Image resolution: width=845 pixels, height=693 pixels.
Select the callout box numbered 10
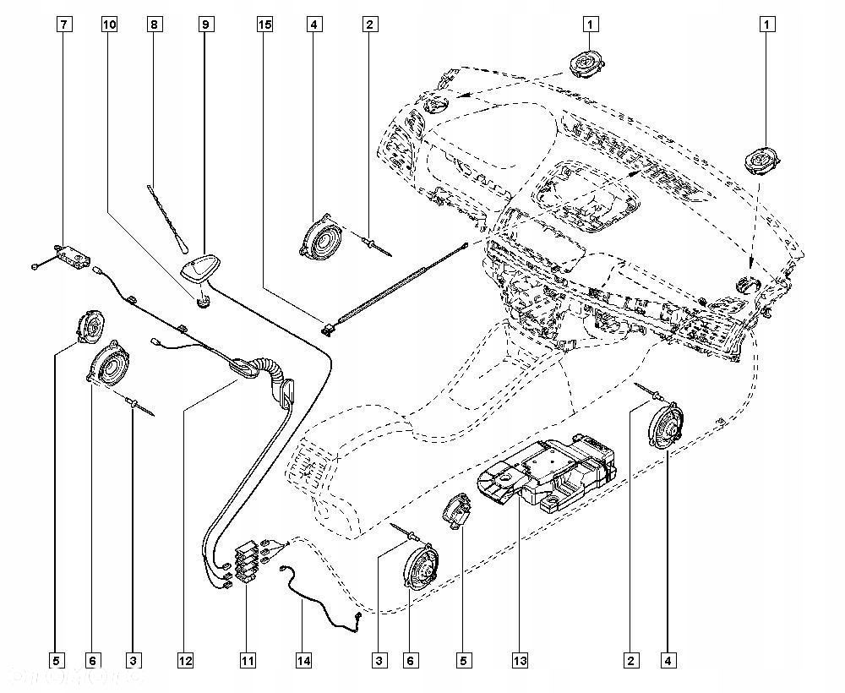click(x=109, y=25)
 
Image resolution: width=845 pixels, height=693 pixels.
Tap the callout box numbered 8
click(x=154, y=25)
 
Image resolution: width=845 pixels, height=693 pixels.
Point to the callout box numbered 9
click(x=204, y=25)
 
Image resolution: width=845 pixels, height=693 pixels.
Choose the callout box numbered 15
click(x=265, y=25)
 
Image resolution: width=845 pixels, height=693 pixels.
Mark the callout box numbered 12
click(x=185, y=659)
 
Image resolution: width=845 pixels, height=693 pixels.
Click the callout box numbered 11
click(x=247, y=659)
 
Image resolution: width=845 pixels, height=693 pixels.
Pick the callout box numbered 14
click(x=303, y=659)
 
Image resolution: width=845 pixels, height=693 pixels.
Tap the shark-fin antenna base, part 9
click(x=201, y=270)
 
